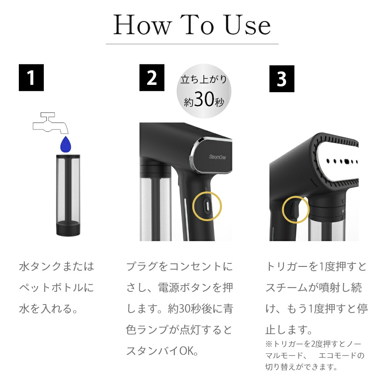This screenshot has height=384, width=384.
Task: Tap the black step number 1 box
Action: pos(31,78)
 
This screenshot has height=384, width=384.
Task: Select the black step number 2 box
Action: pos(152,78)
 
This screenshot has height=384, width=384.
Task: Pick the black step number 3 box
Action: pos(281,79)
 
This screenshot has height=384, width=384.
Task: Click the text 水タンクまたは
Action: pos(56,266)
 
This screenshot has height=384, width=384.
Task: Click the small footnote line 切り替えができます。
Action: pos(301,367)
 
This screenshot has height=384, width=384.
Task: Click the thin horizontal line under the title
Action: pos(192,44)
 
